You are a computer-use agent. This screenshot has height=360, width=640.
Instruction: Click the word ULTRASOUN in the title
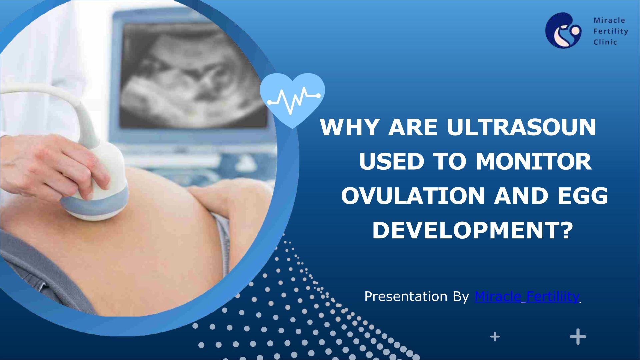tap(521, 127)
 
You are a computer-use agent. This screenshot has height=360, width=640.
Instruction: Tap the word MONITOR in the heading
tap(534, 162)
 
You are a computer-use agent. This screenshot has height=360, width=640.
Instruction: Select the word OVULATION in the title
tap(413, 196)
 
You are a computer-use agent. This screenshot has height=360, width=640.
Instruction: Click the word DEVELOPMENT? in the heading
tap(472, 230)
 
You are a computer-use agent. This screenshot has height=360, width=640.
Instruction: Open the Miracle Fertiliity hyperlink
tap(527, 296)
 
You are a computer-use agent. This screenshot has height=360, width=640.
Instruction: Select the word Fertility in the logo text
tap(611, 31)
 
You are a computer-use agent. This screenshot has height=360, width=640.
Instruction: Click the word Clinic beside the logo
tap(605, 42)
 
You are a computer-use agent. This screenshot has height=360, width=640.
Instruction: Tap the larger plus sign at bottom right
tap(578, 337)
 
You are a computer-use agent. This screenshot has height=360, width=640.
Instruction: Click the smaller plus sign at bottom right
tap(495, 337)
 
